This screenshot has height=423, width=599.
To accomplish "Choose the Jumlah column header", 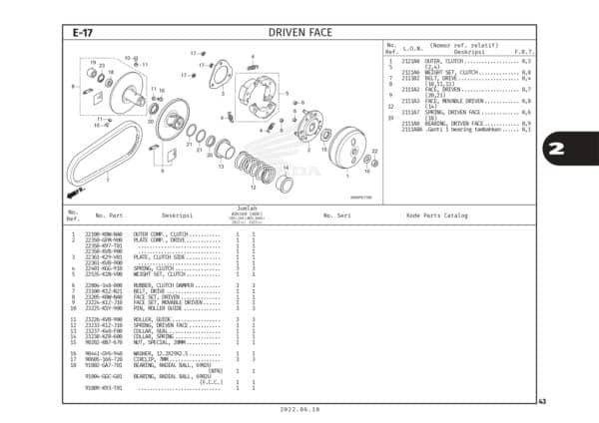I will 243,209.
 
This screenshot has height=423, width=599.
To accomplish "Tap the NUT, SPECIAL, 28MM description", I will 160,341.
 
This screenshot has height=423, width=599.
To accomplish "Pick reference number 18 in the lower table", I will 75,365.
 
